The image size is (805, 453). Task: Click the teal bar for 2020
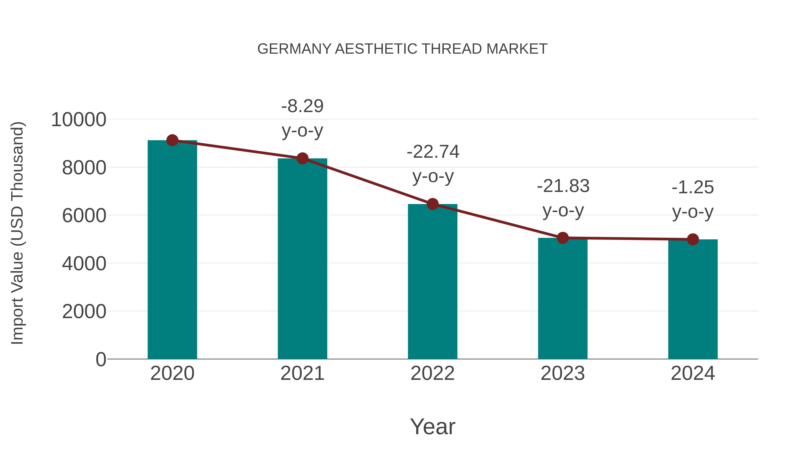pyautogui.click(x=172, y=250)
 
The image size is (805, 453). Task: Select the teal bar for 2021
pyautogui.click(x=302, y=259)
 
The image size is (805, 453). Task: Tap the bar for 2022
pyautogui.click(x=432, y=281)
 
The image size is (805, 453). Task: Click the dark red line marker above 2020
pyautogui.click(x=172, y=140)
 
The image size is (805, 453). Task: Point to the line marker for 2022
pyautogui.click(x=432, y=204)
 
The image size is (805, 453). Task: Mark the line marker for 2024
pyautogui.click(x=693, y=239)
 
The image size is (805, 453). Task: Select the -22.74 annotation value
pyautogui.click(x=433, y=152)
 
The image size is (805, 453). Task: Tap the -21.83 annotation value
pyautogui.click(x=563, y=186)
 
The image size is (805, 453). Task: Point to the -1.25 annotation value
pyautogui.click(x=693, y=188)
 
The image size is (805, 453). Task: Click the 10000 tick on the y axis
pyautogui.click(x=78, y=120)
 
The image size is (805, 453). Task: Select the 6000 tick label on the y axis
pyautogui.click(x=84, y=216)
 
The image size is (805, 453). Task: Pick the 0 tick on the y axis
pyautogui.click(x=101, y=359)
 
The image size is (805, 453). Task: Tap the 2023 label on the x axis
pyautogui.click(x=563, y=374)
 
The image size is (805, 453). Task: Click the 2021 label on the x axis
pyautogui.click(x=302, y=374)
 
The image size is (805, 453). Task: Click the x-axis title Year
pyautogui.click(x=432, y=427)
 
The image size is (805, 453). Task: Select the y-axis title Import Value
pyautogui.click(x=17, y=233)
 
